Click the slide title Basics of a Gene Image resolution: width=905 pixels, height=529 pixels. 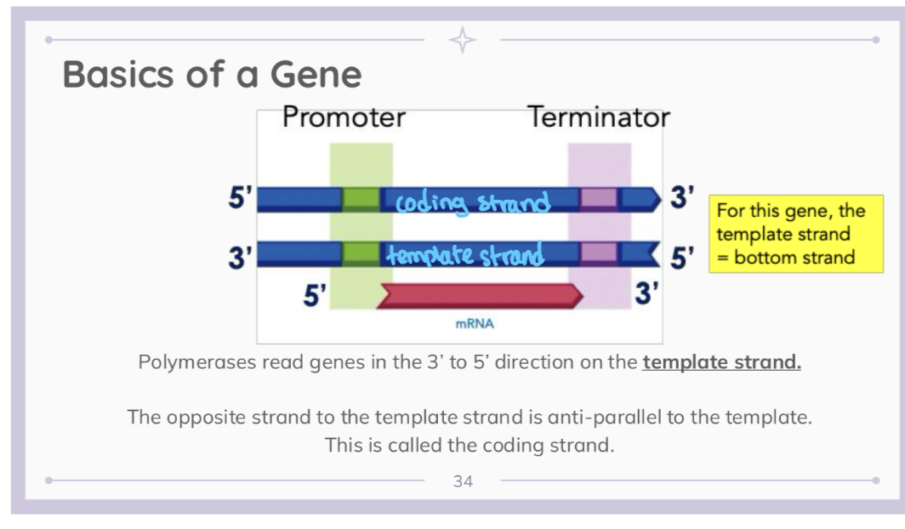(212, 75)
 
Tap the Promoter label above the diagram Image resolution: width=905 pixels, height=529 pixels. (344, 117)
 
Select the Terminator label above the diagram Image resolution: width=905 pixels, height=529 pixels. (599, 117)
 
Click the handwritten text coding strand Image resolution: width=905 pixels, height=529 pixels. (473, 202)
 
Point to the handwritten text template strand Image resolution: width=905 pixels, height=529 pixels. (464, 254)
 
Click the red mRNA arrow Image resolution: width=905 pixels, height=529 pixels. (481, 295)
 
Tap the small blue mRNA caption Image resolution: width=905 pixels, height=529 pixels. (475, 324)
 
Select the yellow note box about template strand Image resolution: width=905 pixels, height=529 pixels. (794, 234)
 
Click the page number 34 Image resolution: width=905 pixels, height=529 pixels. (463, 481)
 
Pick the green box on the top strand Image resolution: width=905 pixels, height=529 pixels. (361, 199)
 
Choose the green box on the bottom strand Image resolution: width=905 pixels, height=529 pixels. (361, 253)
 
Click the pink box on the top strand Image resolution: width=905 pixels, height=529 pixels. (599, 199)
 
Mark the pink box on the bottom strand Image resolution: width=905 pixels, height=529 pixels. (599, 253)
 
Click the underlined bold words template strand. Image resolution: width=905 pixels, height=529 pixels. (721, 362)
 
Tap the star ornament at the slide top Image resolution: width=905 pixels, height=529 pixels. (463, 40)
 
